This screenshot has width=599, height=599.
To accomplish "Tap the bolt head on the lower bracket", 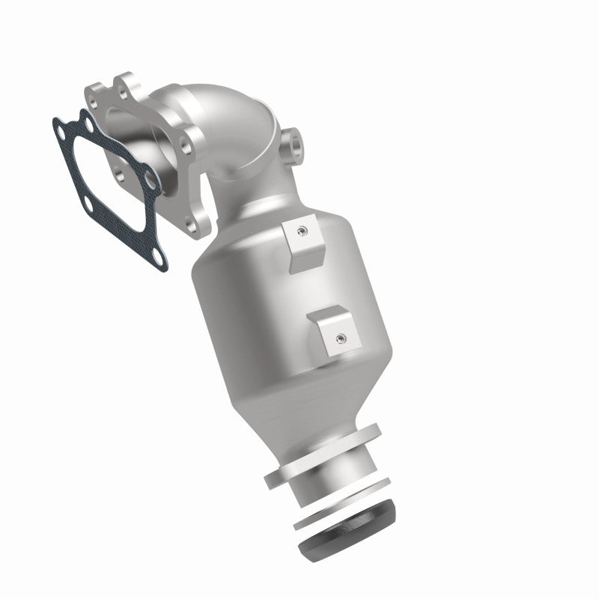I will pyautogui.click(x=340, y=338).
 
